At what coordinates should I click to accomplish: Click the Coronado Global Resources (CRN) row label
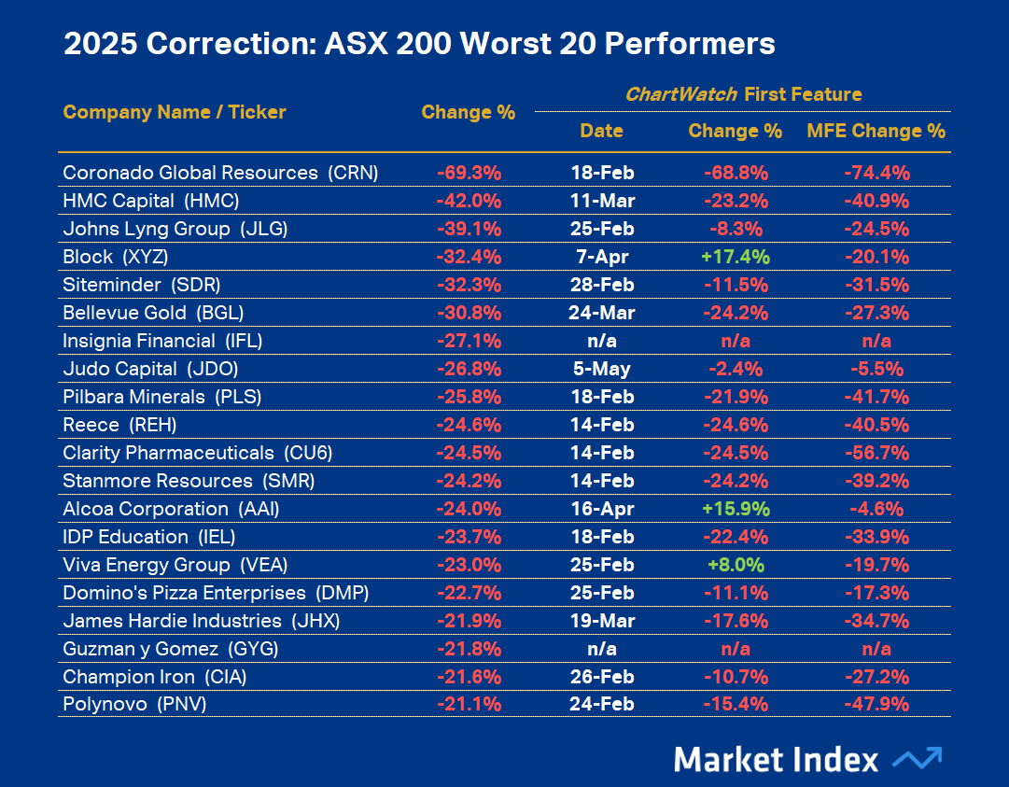[x=220, y=173]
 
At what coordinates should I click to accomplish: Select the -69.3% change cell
[x=469, y=173]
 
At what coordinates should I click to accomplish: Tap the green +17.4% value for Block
[x=735, y=257]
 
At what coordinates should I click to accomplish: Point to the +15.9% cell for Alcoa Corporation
[x=735, y=509]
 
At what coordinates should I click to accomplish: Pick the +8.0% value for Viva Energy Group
[x=735, y=565]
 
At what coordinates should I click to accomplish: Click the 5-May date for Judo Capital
[x=601, y=369]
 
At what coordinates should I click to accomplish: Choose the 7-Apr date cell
[x=601, y=257]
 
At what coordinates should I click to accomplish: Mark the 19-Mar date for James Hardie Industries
[x=601, y=621]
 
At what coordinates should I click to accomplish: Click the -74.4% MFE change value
[x=876, y=173]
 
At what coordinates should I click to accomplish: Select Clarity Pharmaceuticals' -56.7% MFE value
[x=876, y=453]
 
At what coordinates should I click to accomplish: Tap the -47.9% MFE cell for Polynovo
[x=876, y=705]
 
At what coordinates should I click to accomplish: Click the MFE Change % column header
[x=876, y=132]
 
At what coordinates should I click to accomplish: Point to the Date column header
[x=601, y=132]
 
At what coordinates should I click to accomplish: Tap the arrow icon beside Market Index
[x=917, y=758]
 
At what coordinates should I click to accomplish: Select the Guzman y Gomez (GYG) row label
[x=171, y=649]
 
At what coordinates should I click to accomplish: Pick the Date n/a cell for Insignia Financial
[x=601, y=341]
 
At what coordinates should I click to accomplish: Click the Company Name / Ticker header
[x=175, y=113]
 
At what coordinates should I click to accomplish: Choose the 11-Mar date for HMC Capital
[x=601, y=201]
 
